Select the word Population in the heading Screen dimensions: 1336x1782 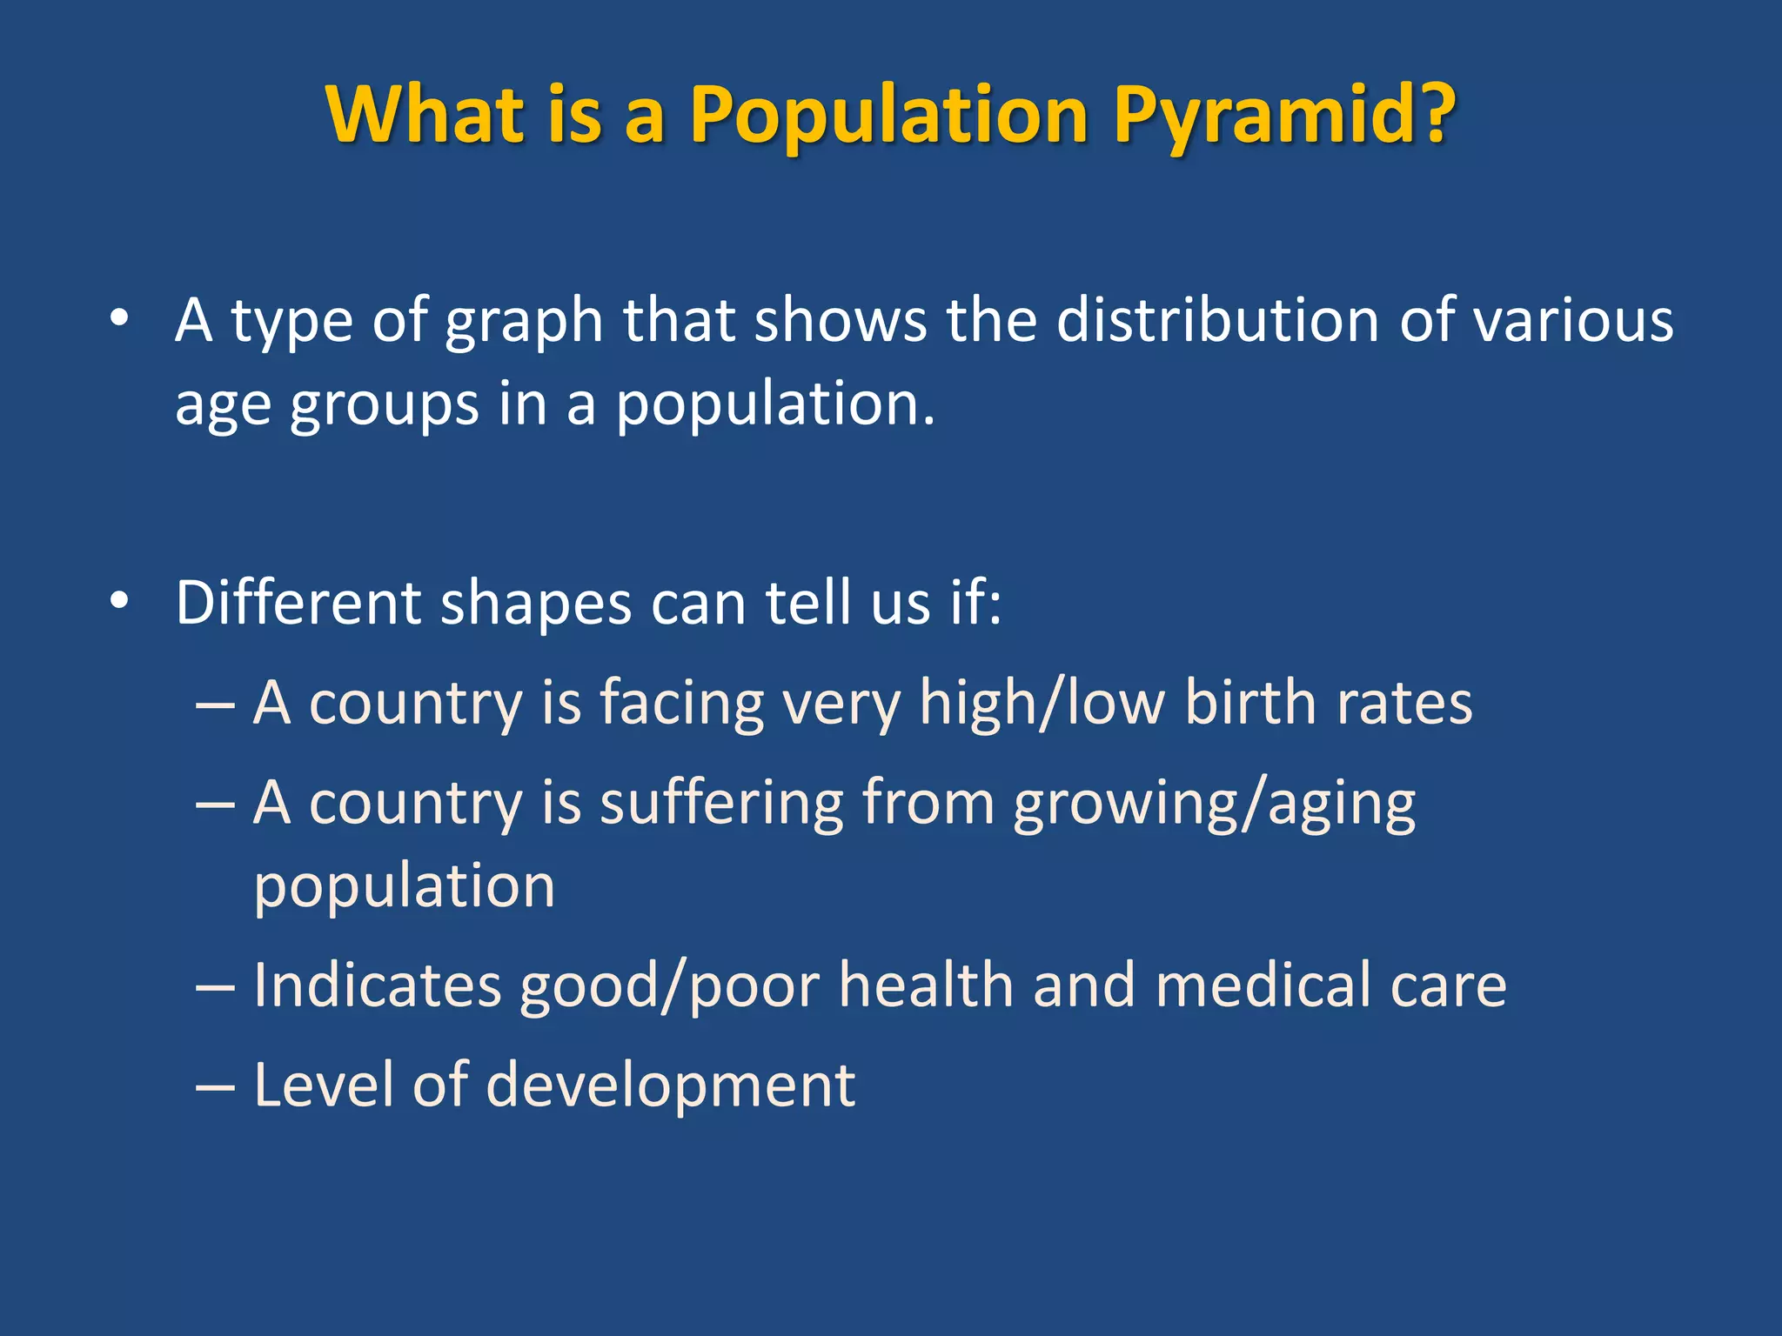[x=888, y=115]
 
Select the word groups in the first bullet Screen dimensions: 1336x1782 [x=384, y=405]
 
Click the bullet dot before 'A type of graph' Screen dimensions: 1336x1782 [x=120, y=318]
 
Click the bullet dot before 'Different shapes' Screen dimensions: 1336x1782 [x=120, y=600]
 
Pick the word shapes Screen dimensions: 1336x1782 [x=536, y=603]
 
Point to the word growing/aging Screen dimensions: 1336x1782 [x=1214, y=804]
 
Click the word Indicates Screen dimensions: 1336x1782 [x=378, y=985]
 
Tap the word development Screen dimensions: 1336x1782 [x=671, y=1085]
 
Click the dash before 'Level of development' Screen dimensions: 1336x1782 [x=215, y=1086]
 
